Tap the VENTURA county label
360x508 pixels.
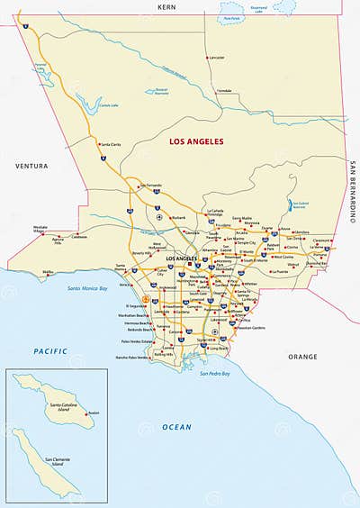tap(31, 167)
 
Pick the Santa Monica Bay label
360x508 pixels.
tap(87, 289)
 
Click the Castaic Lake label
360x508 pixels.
tap(108, 105)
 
